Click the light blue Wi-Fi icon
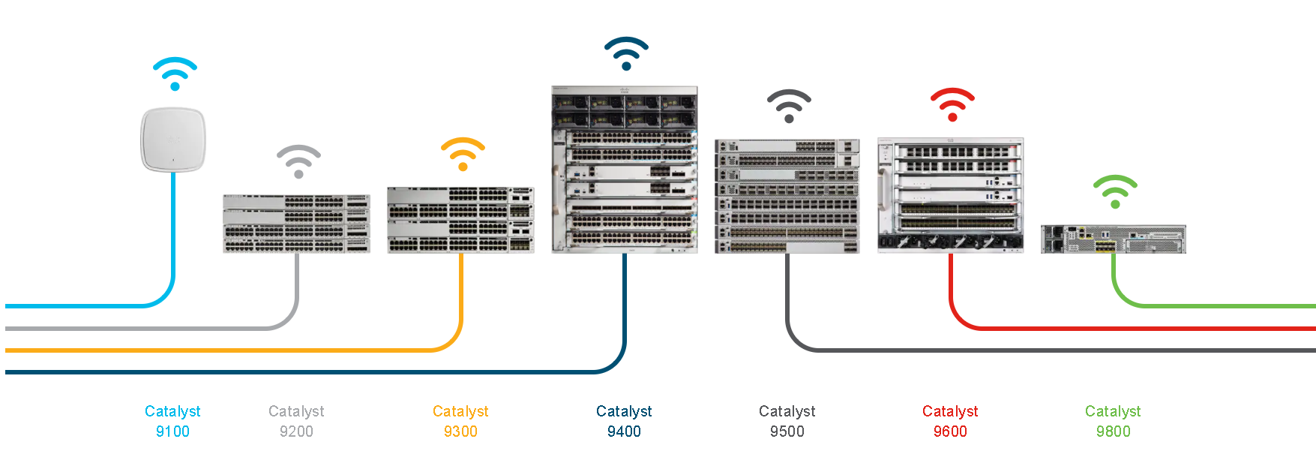point(175,74)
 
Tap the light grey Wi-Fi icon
point(298,161)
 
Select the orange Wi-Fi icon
point(463,155)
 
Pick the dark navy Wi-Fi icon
point(626,53)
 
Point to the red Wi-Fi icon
point(952,104)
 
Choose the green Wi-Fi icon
point(1115,191)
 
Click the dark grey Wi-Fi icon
point(789,107)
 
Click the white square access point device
point(173,140)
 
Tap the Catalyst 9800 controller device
point(1113,239)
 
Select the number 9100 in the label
point(172,431)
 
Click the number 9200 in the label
point(296,431)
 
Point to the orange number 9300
point(460,431)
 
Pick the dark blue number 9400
point(624,431)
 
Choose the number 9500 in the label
point(787,431)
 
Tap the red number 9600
point(950,431)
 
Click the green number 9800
point(1113,431)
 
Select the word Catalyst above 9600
point(950,411)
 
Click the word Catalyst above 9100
point(172,411)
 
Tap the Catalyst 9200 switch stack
point(296,223)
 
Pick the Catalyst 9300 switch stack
point(460,220)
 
